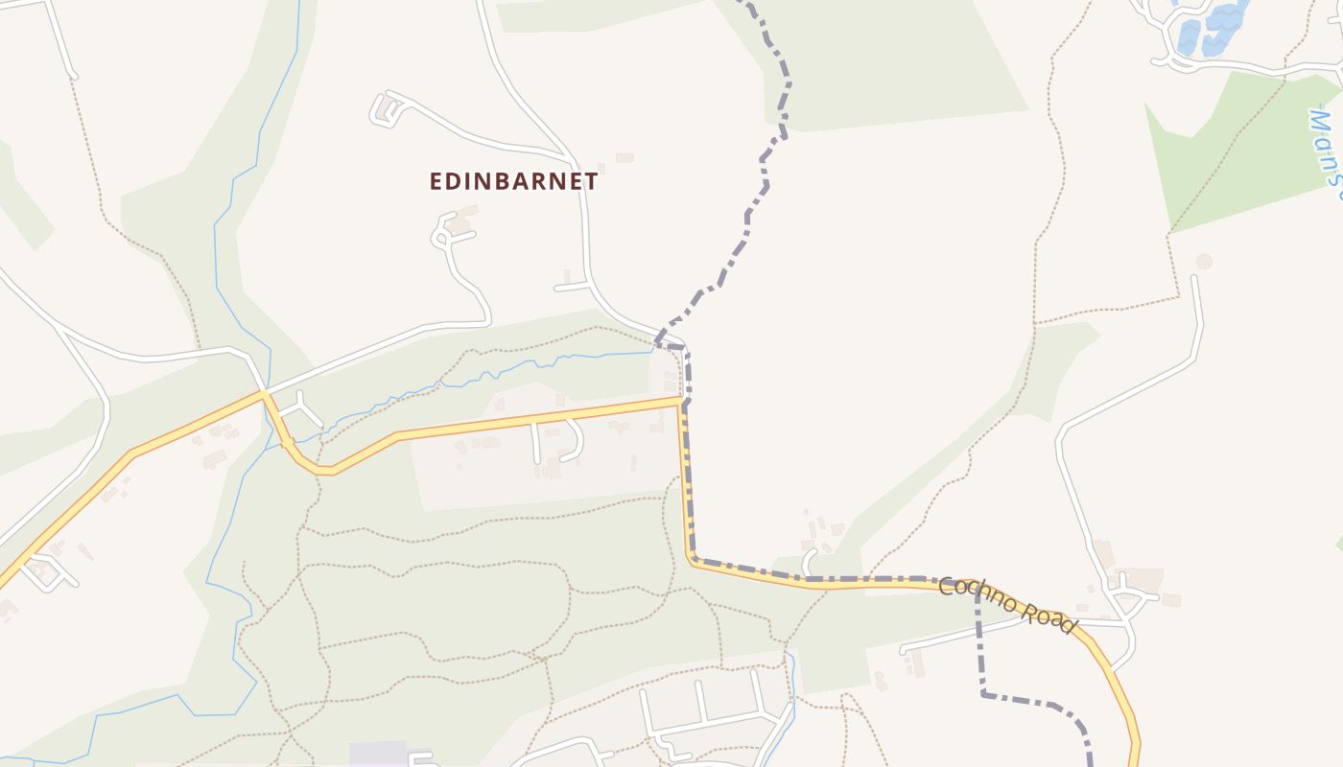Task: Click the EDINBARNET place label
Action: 513,181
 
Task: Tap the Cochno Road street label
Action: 1006,605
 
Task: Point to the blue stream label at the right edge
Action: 1326,153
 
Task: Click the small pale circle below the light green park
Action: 1204,261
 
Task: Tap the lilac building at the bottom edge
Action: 379,754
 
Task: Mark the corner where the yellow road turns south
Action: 681,401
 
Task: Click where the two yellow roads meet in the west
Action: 264,393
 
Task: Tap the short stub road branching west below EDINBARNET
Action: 572,287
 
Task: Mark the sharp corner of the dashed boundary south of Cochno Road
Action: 984,693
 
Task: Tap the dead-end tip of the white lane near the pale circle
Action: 1194,279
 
